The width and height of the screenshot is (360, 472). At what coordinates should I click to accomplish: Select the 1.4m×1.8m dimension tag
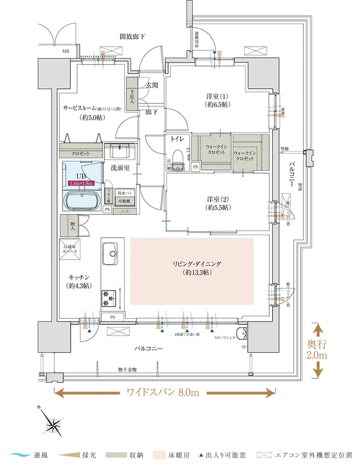[x=81, y=183]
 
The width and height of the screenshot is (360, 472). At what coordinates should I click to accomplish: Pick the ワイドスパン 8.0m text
[x=164, y=392]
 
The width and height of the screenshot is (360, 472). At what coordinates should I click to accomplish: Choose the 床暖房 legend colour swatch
[x=159, y=455]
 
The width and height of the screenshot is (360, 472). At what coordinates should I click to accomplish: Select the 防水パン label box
[x=125, y=193]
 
